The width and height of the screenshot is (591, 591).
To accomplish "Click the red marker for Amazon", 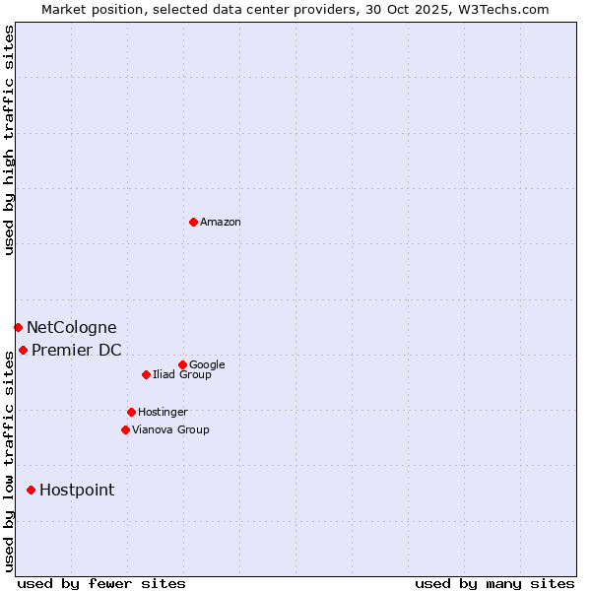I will point(193,222).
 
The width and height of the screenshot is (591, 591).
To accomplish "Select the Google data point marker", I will point(182,364).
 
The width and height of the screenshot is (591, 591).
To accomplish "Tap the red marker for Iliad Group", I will point(146,374).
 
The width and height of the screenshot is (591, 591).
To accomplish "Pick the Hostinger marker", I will point(131,412).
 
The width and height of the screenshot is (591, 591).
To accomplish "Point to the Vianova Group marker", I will point(125,429).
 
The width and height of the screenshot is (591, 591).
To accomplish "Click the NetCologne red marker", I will point(18,327).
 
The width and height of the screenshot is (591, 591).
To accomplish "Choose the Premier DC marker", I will point(23,350).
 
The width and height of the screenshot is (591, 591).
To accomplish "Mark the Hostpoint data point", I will point(31,490).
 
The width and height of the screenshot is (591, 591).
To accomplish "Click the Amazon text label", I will point(221,222).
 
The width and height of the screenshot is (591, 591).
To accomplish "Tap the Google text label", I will point(207,364).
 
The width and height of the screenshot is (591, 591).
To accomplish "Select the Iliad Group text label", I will point(182,374).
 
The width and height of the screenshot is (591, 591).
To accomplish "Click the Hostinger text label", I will point(163,412).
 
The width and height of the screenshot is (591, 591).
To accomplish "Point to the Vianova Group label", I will point(170,429).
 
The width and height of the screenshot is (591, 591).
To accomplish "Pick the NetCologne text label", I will point(71,327).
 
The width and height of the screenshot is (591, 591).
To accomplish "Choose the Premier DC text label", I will point(77,350).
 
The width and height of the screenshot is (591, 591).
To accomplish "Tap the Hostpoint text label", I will point(77,490).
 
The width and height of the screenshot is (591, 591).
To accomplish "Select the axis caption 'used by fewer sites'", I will point(101,583).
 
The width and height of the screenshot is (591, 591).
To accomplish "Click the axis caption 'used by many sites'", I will point(494,583).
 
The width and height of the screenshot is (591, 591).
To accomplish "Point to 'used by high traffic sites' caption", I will point(9,140).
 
